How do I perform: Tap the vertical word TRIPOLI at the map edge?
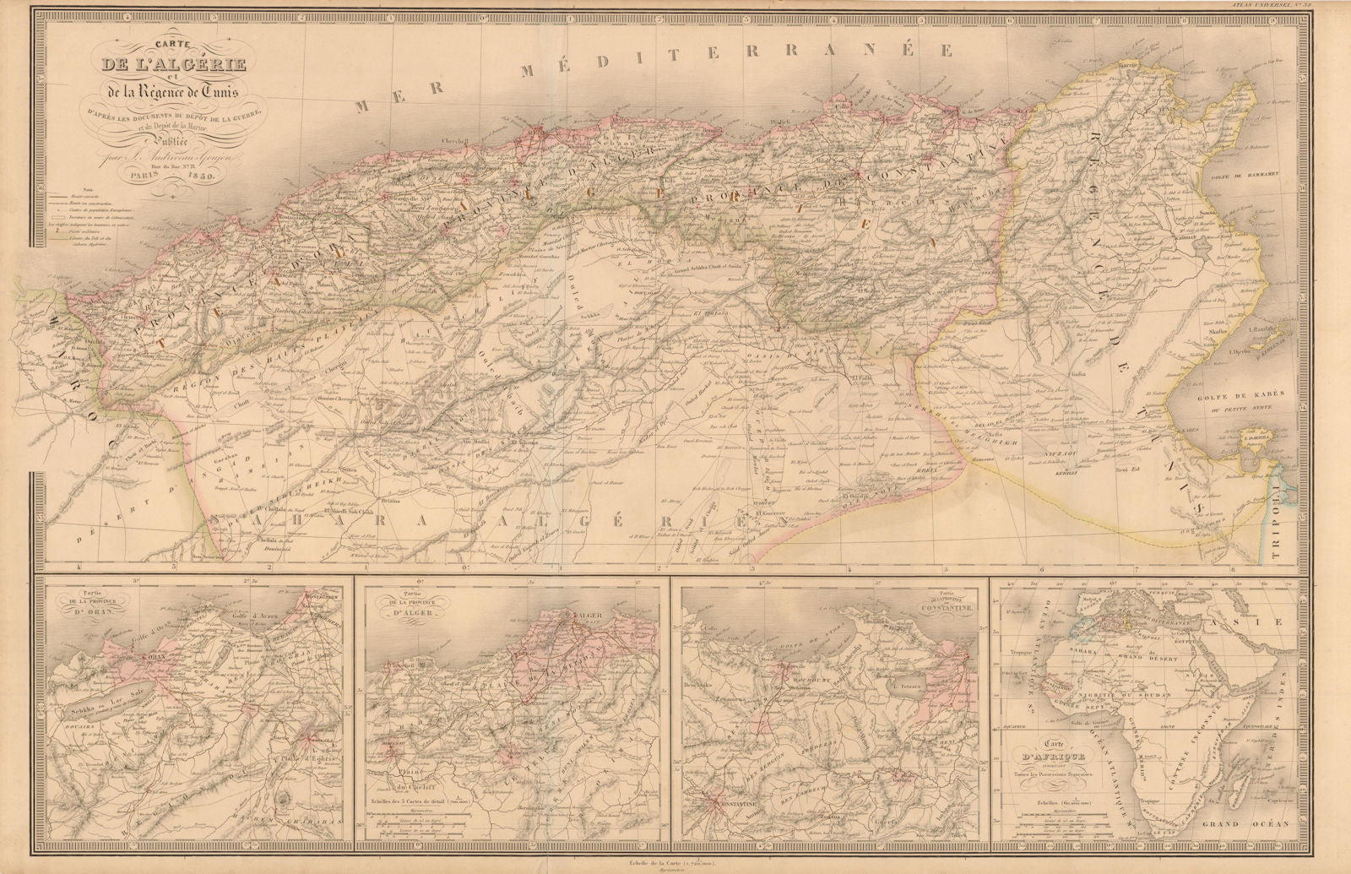pos(1289,514)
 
